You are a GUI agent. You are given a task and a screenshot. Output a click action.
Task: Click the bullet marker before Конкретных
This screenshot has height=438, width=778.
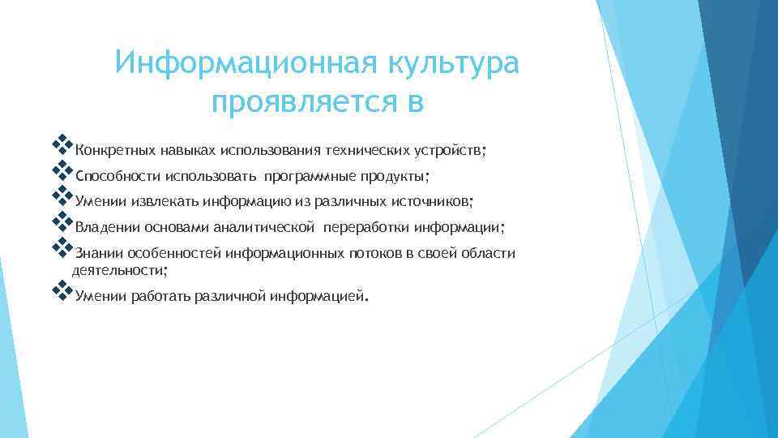[62, 147]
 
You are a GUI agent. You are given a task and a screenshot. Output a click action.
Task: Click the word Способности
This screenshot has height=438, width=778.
[117, 176]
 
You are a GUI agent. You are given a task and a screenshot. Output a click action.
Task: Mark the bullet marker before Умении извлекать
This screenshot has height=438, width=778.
[62, 198]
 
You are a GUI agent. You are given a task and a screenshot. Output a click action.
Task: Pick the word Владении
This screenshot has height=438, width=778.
[107, 228]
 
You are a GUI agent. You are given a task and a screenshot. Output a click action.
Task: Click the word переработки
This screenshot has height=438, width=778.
[363, 228]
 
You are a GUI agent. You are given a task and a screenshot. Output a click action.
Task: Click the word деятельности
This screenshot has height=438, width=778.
[118, 269]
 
